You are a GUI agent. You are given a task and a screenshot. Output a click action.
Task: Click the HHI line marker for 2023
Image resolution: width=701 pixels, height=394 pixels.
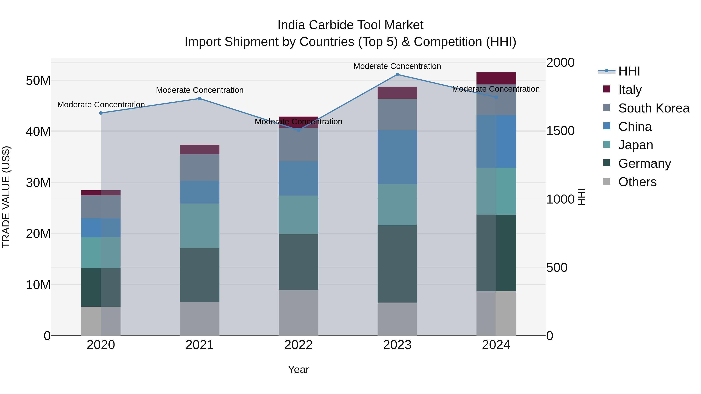[x=397, y=75]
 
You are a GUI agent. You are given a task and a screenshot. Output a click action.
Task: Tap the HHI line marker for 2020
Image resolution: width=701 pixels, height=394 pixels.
[x=101, y=113]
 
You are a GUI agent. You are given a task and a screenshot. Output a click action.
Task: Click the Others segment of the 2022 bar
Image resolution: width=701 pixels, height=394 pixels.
[x=298, y=312]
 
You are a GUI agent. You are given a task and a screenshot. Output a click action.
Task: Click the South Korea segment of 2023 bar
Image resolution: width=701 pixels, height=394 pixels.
[x=397, y=114]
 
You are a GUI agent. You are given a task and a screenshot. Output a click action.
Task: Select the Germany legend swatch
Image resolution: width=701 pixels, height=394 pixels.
[x=607, y=163]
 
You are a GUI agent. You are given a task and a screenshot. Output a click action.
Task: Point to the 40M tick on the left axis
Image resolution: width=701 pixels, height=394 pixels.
[x=38, y=132]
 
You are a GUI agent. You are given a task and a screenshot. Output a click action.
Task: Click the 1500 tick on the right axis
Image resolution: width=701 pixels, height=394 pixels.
[x=560, y=131]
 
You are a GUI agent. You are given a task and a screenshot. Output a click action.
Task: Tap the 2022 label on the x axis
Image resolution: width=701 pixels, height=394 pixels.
[x=298, y=345]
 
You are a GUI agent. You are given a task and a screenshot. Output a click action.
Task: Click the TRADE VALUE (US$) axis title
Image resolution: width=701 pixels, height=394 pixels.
[x=6, y=197]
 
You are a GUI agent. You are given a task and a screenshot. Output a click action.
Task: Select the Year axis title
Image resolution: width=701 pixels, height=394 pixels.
[x=298, y=369]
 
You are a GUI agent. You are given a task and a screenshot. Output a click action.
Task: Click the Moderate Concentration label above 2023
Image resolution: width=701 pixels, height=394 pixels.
[x=397, y=66]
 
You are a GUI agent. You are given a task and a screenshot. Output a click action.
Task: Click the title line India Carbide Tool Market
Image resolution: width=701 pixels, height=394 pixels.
[x=350, y=25]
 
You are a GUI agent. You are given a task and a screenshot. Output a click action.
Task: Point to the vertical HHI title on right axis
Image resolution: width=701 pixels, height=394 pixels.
[x=581, y=197]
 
